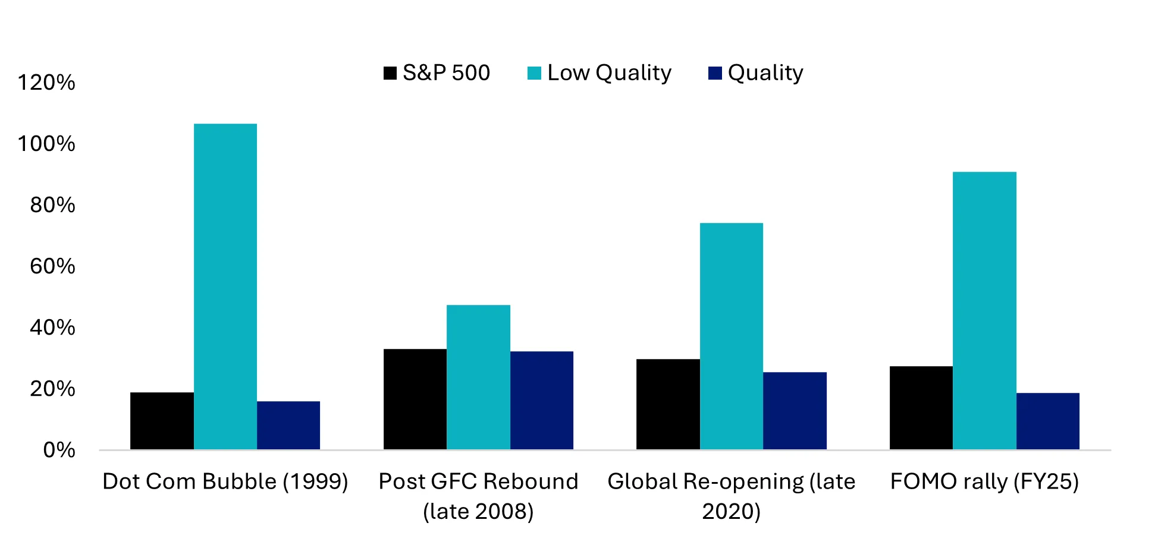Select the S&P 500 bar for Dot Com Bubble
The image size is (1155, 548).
coord(162,421)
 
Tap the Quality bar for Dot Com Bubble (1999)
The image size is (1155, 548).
coord(288,426)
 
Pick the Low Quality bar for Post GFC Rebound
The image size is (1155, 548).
coord(478,377)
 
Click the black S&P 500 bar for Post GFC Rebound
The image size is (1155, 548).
coord(415,399)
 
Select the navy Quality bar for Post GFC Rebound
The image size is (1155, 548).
coord(541,401)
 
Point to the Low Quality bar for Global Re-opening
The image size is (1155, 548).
coord(731,336)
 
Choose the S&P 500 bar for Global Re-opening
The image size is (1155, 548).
coord(668,404)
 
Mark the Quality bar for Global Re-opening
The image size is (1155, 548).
coord(795,411)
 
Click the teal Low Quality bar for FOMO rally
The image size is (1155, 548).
coord(984,311)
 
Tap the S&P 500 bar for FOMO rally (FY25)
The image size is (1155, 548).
coord(921,408)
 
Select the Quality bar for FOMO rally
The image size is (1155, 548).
coord(1047,421)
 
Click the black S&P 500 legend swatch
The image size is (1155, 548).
coord(390,73)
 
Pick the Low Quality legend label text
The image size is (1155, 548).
coord(609,73)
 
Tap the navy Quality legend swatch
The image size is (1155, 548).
coord(715,73)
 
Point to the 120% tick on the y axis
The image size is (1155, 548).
coord(46,83)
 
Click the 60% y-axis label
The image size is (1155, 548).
coord(52,266)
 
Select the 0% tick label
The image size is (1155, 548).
coord(59,450)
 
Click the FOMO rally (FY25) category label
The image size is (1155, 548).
coord(984,481)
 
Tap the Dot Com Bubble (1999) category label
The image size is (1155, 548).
coord(225,481)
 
